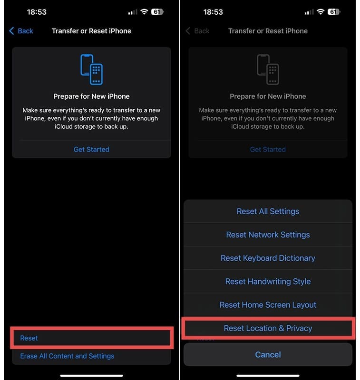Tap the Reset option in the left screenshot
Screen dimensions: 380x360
tap(29, 338)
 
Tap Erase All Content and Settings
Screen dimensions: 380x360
tap(67, 356)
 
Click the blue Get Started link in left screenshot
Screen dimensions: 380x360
tap(91, 150)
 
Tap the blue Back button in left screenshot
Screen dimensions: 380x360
tap(21, 31)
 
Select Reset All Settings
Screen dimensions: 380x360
tap(268, 211)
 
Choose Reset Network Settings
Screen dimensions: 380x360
tap(268, 235)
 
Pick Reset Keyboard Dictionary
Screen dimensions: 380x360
tap(268, 258)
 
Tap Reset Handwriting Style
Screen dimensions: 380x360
tap(268, 281)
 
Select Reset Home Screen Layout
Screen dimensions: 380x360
tap(268, 305)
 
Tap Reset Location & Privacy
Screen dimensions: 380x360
tap(268, 328)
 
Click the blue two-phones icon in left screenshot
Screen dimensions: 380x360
tap(91, 69)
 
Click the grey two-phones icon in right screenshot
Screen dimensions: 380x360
tap(268, 69)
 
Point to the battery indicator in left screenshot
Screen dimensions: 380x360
tap(157, 12)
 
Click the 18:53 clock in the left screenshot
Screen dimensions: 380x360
tap(36, 12)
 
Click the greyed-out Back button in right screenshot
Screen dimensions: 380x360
tap(198, 31)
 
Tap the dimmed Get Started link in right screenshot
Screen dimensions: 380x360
tap(268, 150)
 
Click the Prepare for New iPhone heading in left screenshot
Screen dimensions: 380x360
tap(91, 96)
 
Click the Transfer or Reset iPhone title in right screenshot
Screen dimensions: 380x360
tap(268, 31)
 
